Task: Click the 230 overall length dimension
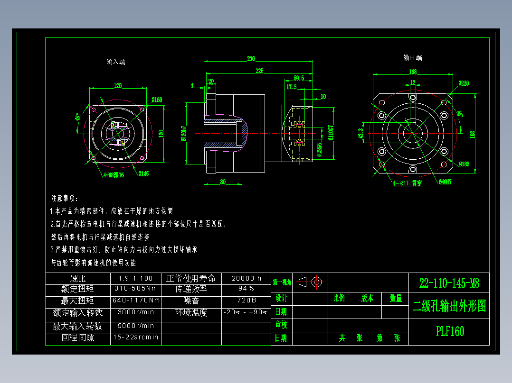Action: click(251, 59)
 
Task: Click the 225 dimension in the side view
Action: click(259, 71)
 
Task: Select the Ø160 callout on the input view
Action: click(157, 100)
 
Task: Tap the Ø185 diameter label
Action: click(464, 164)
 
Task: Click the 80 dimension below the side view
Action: click(222, 182)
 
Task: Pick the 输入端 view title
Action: click(116, 62)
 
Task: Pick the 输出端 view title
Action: click(412, 58)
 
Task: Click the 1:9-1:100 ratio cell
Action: click(136, 278)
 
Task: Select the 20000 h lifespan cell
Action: click(246, 278)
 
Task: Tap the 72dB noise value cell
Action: click(246, 301)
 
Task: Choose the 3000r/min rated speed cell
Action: click(136, 312)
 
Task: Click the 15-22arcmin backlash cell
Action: click(136, 338)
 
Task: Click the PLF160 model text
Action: click(449, 331)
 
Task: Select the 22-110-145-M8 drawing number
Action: click(449, 284)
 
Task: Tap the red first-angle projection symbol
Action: click(311, 282)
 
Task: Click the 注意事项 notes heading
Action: click(65, 198)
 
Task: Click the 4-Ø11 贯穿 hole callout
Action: click(407, 182)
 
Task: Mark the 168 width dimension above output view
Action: click(412, 72)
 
